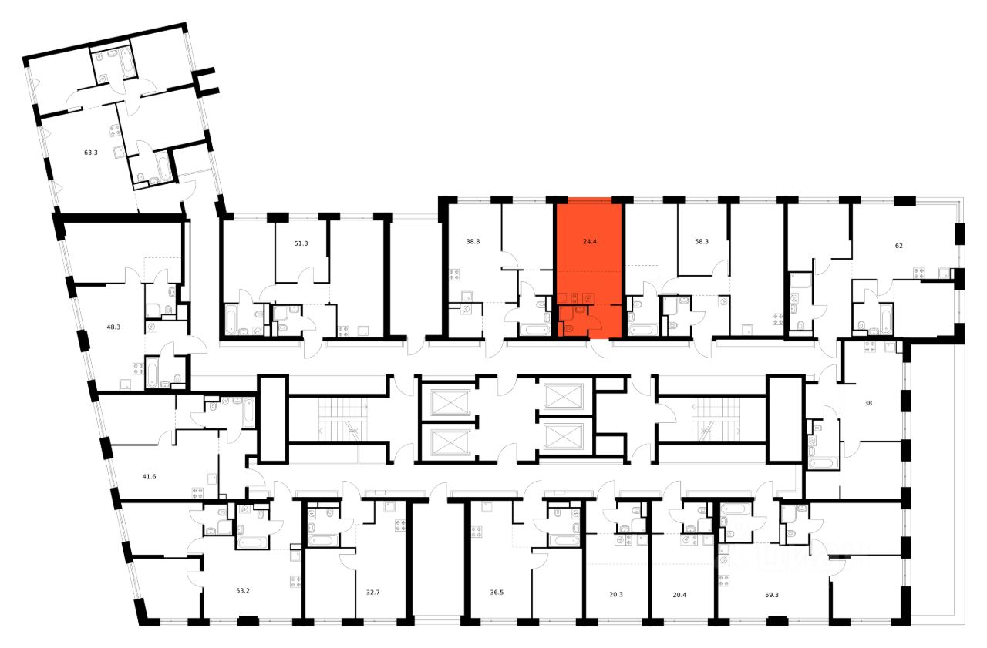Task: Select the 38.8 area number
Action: tap(472, 241)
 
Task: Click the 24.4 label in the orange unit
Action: tap(588, 241)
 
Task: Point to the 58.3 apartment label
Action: tap(702, 241)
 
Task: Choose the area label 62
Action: tap(898, 247)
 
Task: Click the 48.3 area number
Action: tap(113, 327)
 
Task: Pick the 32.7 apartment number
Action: tap(373, 593)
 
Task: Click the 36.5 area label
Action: tap(497, 593)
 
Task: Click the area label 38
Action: tap(868, 403)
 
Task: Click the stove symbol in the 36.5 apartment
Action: tap(476, 530)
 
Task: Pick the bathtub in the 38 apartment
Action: tap(821, 464)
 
